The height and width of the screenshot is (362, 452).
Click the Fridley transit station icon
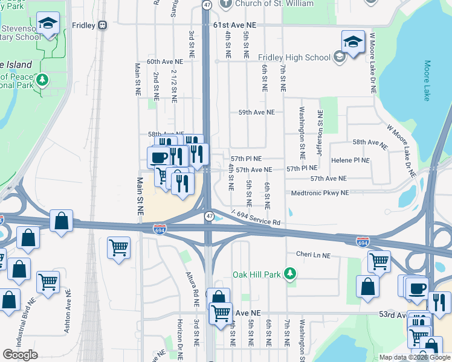tap(103, 25)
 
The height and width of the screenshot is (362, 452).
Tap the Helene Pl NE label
tap(350, 160)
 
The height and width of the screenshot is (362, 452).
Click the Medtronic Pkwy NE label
tap(320, 193)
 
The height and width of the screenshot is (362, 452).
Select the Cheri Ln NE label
tap(313, 255)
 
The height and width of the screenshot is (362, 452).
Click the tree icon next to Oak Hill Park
tap(291, 275)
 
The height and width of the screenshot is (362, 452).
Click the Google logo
tap(20, 355)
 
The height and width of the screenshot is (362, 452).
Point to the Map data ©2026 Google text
tap(415, 357)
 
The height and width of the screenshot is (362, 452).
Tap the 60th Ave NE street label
tap(164, 62)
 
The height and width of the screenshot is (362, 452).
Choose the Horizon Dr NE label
tap(179, 335)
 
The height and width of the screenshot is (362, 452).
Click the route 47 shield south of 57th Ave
tap(209, 215)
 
